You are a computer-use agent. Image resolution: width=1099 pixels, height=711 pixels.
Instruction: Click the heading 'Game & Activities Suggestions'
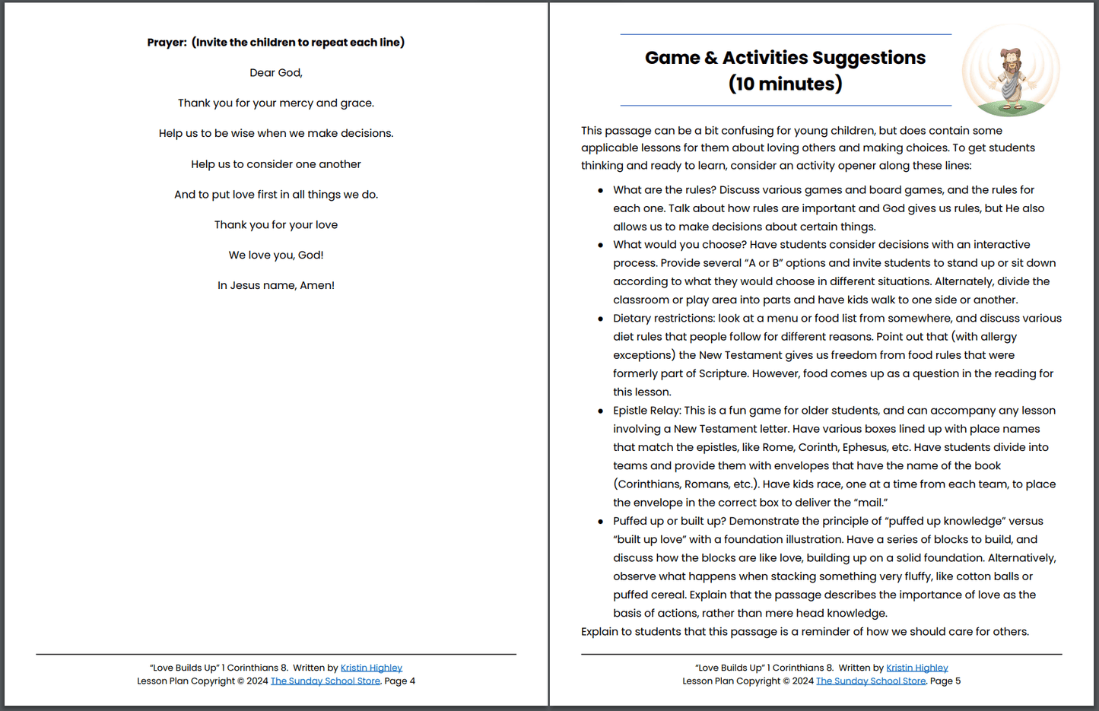coord(785,58)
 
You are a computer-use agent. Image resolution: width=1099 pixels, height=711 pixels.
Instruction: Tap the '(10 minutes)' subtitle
coord(785,84)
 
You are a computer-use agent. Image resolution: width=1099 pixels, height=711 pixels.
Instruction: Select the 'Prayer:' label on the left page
coord(167,43)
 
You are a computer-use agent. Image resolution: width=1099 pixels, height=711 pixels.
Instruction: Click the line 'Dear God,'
coord(276,73)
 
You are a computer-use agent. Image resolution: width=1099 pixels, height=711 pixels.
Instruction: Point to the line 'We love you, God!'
coord(276,256)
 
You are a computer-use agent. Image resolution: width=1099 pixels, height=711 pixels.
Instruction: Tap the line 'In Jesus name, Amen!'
coord(276,286)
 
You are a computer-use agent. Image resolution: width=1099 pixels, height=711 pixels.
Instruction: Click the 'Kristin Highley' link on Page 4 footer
coord(371,668)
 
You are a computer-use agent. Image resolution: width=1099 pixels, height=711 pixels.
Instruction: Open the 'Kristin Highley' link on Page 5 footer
coord(916,668)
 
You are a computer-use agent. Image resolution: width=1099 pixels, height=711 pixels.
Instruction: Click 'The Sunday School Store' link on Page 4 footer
coord(326,681)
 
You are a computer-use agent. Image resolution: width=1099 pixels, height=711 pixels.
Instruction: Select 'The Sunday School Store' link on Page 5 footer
coord(871,681)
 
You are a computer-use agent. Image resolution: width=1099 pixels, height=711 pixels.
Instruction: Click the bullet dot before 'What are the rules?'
coord(601,191)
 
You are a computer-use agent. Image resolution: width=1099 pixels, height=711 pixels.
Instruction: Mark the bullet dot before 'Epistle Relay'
coord(601,411)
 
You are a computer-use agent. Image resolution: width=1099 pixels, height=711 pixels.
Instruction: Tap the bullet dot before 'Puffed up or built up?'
coord(601,522)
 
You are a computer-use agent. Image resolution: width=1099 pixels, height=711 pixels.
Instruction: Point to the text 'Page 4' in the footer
coord(400,681)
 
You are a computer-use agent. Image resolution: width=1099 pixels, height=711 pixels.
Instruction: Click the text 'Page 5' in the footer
coord(945,681)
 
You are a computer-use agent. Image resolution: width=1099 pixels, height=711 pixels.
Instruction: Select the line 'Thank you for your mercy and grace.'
coord(276,103)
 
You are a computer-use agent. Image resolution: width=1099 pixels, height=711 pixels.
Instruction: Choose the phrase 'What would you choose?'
coord(679,245)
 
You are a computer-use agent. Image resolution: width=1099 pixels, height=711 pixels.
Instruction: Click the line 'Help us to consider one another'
coord(276,164)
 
